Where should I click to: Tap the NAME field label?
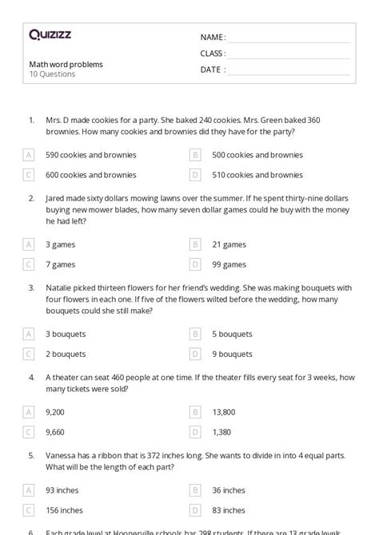212,38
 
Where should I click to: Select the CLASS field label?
213,53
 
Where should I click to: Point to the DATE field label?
212,69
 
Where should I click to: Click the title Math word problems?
66,64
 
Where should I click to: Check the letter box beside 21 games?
194,244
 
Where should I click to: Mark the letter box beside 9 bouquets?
194,353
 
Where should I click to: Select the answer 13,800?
224,412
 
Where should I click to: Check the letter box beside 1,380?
194,431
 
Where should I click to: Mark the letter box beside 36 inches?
194,490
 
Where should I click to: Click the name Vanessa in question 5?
62,455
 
